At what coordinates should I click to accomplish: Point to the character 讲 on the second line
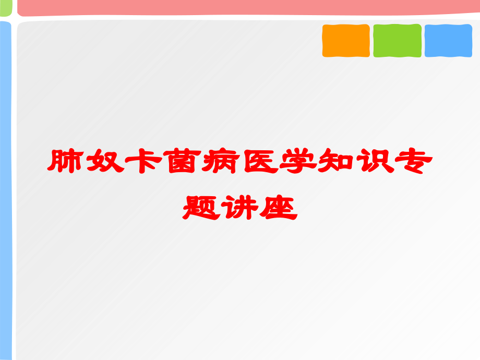(x=240, y=207)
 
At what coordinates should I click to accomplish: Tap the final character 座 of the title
(x=279, y=207)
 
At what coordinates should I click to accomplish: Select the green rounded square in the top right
(x=397, y=41)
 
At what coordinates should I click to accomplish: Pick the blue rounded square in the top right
(x=448, y=41)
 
